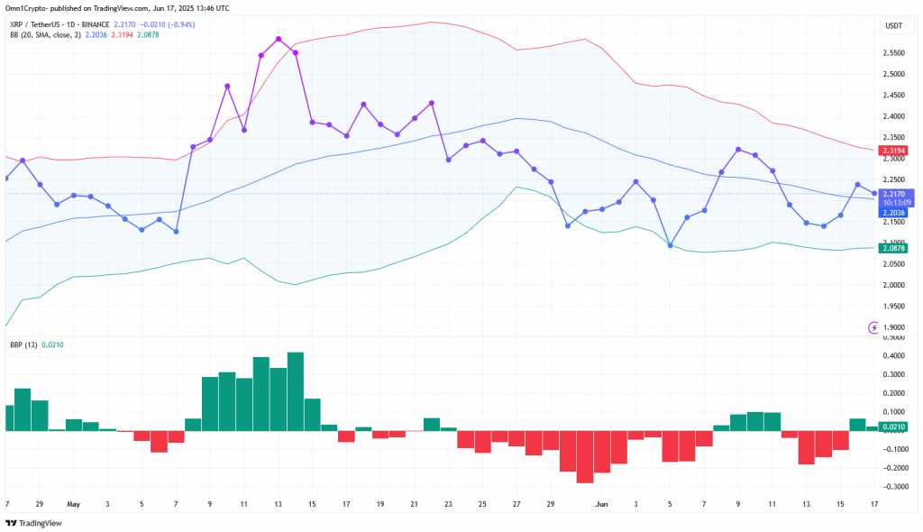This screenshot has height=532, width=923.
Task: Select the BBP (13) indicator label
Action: coord(23,344)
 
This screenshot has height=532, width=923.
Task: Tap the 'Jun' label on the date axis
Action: coord(601,504)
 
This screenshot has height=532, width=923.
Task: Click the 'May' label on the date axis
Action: coord(74,504)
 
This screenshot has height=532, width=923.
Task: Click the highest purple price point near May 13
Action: coord(279,39)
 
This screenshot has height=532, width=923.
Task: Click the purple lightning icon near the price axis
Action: coord(873,327)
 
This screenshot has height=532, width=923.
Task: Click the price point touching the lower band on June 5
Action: coord(670,245)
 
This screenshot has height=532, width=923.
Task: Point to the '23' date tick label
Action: coord(449,504)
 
